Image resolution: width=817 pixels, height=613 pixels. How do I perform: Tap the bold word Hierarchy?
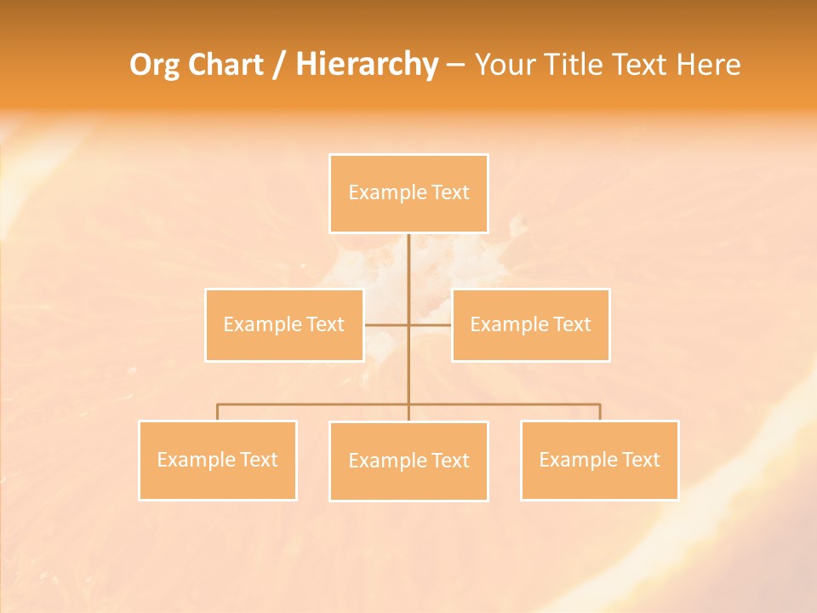point(366,65)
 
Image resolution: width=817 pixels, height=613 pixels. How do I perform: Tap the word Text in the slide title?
point(639,65)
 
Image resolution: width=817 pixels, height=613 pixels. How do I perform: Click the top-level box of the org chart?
point(408,193)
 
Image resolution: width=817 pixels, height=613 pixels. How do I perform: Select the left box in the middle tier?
point(283,324)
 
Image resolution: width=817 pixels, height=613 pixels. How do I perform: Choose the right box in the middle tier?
point(530,324)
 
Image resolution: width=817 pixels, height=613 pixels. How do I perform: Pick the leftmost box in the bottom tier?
point(217,460)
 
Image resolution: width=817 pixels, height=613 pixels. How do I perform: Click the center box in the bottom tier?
point(408,461)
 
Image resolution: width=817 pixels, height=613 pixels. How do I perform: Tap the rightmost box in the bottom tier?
point(599,460)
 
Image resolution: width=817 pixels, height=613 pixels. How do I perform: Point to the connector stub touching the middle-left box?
point(385,324)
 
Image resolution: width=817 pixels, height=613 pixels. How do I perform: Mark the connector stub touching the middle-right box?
point(431,324)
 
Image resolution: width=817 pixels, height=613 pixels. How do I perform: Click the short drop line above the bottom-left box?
point(217,412)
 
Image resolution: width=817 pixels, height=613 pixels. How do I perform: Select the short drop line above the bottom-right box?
point(600,412)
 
